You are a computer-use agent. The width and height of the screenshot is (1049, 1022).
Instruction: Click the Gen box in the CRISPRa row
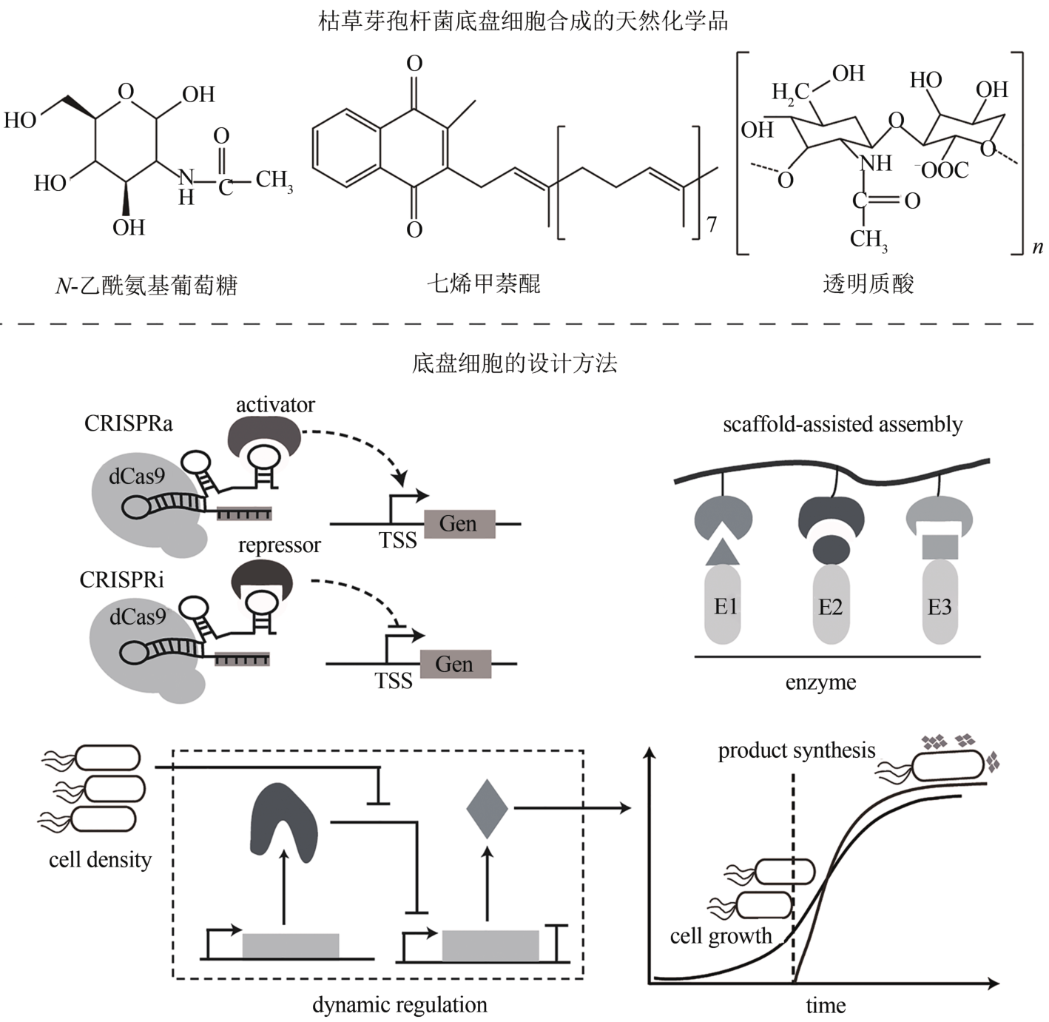click(x=459, y=524)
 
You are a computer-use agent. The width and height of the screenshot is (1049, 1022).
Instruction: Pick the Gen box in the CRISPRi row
click(x=454, y=664)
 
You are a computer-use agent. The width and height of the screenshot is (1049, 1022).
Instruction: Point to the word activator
click(x=275, y=405)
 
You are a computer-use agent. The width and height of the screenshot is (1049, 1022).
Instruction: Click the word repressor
click(x=279, y=545)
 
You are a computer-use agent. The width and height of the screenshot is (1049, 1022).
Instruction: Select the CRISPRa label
click(x=128, y=423)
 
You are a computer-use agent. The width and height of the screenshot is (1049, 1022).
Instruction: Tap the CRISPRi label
click(x=122, y=579)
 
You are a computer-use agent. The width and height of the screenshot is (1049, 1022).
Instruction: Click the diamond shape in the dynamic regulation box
click(x=487, y=809)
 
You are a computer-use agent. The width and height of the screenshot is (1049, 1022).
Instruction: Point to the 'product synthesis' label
click(x=796, y=750)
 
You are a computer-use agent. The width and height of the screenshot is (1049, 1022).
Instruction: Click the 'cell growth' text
click(x=721, y=936)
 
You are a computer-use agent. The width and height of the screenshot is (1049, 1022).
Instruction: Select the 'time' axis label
click(x=826, y=1006)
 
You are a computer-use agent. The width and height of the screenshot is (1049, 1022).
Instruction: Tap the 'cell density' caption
click(x=100, y=859)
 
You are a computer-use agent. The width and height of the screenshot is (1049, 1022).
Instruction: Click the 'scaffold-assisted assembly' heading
click(x=843, y=424)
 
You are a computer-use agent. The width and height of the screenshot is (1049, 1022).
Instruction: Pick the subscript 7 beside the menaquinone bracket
click(x=712, y=223)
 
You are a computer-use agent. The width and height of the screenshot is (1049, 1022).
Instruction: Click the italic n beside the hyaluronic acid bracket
click(x=1037, y=248)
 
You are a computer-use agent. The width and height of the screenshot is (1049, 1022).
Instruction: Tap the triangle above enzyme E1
click(x=723, y=552)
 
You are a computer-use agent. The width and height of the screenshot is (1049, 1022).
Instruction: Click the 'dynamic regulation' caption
click(x=399, y=1005)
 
